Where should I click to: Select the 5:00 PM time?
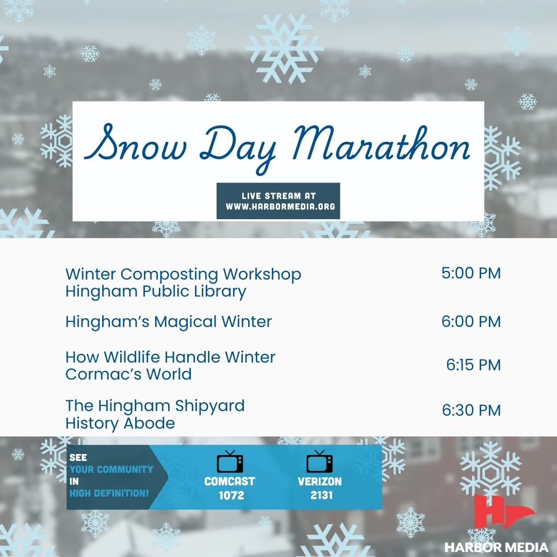click(471, 273)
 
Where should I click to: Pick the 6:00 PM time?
click(471, 321)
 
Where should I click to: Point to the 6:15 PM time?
click(473, 365)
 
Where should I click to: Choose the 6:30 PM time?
click(471, 411)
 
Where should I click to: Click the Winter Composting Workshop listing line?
click(183, 274)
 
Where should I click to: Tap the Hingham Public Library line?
click(156, 291)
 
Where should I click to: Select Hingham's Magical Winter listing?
click(168, 322)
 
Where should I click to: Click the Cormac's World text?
click(128, 374)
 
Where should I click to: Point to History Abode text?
click(120, 423)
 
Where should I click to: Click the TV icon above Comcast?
click(230, 462)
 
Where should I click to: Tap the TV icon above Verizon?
click(319, 462)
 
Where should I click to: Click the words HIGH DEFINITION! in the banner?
click(109, 494)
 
